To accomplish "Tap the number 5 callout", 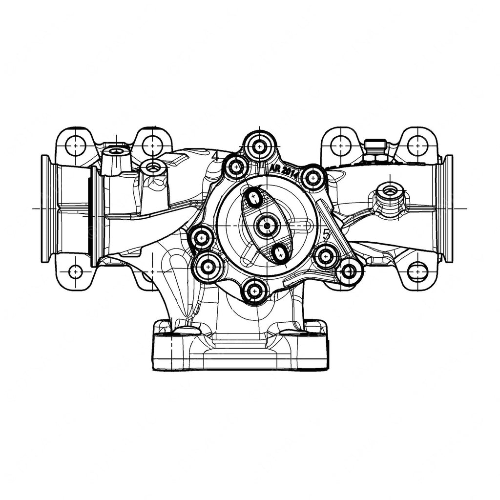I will click(327, 235).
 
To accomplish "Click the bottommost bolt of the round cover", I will click(253, 292).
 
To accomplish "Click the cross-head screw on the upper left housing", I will click(115, 152).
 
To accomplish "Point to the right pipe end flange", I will click(447, 208).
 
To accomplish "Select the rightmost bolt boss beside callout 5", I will click(350, 271).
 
